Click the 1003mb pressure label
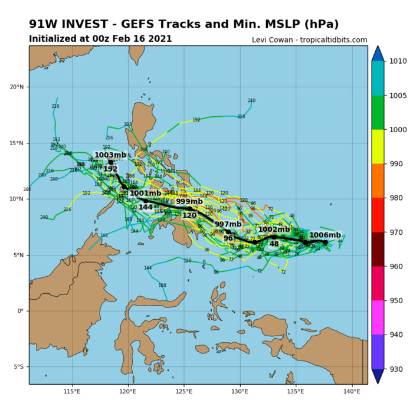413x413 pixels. (x=110, y=155)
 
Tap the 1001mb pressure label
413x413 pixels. (x=145, y=193)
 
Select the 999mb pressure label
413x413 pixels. (x=189, y=201)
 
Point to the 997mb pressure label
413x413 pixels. (x=228, y=224)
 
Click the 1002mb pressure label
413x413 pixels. (x=274, y=230)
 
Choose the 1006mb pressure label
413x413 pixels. (x=325, y=235)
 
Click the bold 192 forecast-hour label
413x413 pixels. (x=110, y=169)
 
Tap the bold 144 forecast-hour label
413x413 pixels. (x=145, y=207)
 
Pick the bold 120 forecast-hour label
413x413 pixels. (x=189, y=215)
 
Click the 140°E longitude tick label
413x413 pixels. (x=352, y=391)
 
